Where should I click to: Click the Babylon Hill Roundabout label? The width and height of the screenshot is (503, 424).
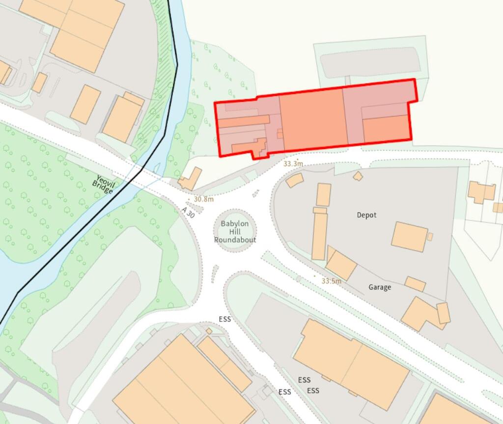[x=235, y=232]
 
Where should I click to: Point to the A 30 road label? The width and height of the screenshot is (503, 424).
[x=188, y=213]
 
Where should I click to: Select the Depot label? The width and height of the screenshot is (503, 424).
[x=366, y=215]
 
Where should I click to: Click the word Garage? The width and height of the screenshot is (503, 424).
[x=380, y=287]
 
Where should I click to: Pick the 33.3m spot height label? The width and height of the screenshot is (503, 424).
[x=293, y=164]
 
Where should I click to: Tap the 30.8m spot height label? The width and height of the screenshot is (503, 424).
[x=203, y=199]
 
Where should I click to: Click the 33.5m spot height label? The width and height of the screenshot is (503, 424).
[x=331, y=281]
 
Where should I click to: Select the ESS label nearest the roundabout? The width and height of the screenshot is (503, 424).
[x=225, y=319]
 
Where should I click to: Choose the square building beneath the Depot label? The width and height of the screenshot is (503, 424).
[x=409, y=237]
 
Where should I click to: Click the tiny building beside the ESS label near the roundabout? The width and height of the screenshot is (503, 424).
[x=209, y=331]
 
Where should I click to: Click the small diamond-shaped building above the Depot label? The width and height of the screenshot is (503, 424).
[x=358, y=176]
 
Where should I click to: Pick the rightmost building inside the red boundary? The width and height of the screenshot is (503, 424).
[x=386, y=128]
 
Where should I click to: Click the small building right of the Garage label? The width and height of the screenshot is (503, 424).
[x=415, y=284]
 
